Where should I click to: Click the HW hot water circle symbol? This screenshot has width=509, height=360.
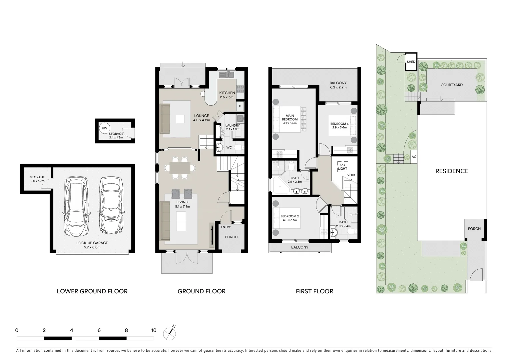pos(105,128)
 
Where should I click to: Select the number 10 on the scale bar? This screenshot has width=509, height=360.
pos(154,330)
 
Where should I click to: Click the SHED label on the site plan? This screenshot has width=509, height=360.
pos(411,62)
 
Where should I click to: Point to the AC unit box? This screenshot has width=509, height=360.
pos(414,157)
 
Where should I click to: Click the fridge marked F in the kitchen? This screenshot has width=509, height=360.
pos(240,107)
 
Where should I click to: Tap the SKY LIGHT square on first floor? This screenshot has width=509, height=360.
pos(342,167)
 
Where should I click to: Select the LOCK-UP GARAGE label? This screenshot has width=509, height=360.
pos(92,245)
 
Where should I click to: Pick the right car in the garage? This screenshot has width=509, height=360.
pos(111,205)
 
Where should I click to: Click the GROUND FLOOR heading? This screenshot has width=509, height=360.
pos(201,291)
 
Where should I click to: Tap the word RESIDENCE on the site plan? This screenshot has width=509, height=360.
pos(452,171)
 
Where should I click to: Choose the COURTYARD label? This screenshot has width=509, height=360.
pos(451,85)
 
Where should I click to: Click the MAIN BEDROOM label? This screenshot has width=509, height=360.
pos(289,118)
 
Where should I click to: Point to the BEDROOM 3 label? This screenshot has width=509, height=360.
pos(339,125)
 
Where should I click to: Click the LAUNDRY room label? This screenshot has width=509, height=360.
pos(233,127)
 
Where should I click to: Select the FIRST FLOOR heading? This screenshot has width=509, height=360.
pos(314,291)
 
